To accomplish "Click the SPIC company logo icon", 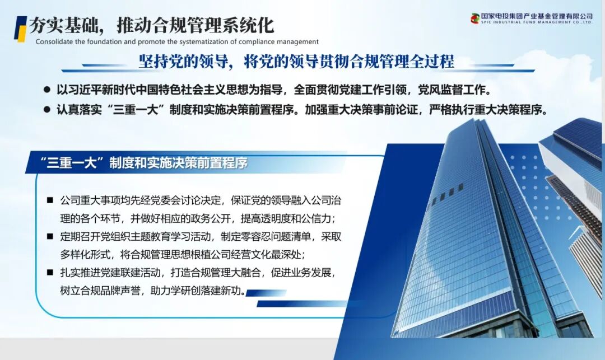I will click(475, 18).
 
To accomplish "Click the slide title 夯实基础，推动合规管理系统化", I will click(151, 25).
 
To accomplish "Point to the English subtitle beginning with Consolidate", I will click(177, 41).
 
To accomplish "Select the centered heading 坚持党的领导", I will click(296, 61).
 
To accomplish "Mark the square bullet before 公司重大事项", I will click(50, 200).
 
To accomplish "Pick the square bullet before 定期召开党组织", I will click(50, 236).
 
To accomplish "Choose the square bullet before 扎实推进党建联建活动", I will click(50, 273).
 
